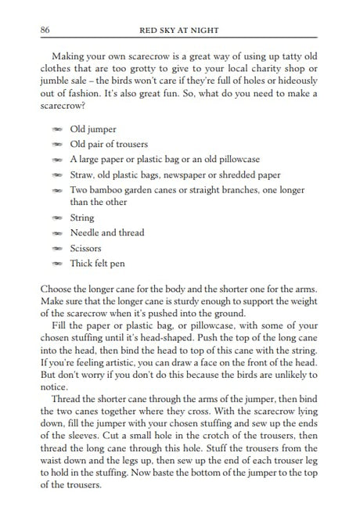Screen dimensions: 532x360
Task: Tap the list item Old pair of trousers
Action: (110, 144)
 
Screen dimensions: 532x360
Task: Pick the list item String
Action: (81, 218)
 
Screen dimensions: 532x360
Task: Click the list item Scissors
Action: (86, 248)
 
